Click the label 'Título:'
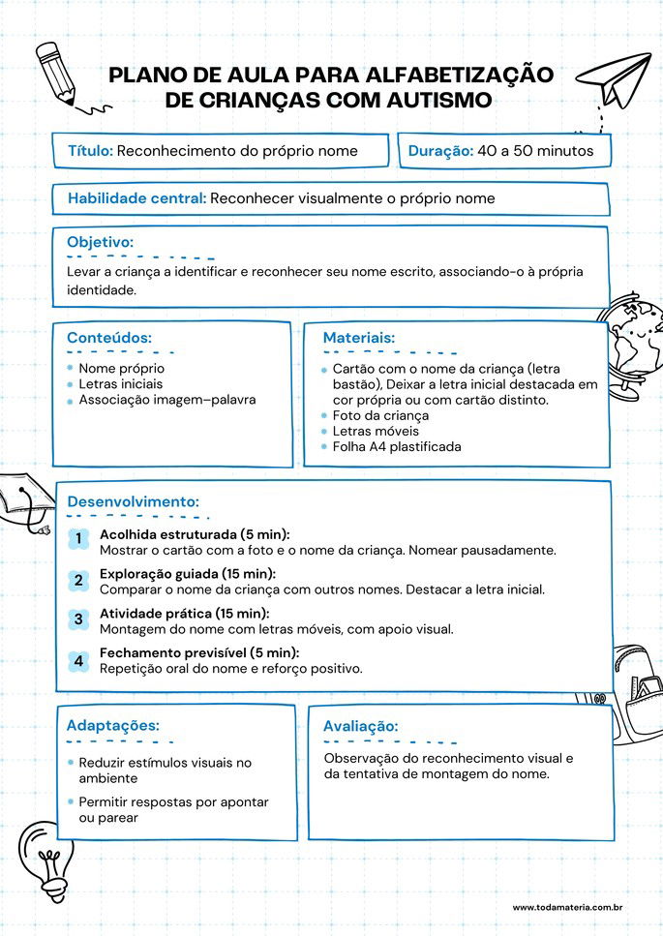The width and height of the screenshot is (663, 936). pyautogui.click(x=91, y=151)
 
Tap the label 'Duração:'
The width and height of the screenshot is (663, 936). pyautogui.click(x=440, y=151)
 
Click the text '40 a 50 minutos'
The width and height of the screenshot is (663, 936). pyautogui.click(x=535, y=151)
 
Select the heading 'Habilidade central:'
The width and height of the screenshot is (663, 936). pyautogui.click(x=136, y=198)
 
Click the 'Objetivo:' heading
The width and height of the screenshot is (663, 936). pyautogui.click(x=100, y=242)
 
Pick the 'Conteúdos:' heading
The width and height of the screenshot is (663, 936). pyautogui.click(x=108, y=338)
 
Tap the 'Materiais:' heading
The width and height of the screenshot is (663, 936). pyautogui.click(x=358, y=338)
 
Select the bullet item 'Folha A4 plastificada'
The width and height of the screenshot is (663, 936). pyautogui.click(x=397, y=447)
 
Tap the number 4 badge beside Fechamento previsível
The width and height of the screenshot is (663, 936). pyautogui.click(x=78, y=661)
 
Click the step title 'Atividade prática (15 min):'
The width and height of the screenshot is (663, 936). pyautogui.click(x=184, y=614)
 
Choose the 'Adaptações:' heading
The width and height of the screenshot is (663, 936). pyautogui.click(x=112, y=725)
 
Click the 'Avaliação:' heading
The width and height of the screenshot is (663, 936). pyautogui.click(x=360, y=726)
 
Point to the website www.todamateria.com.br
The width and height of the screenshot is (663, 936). pyautogui.click(x=566, y=907)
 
